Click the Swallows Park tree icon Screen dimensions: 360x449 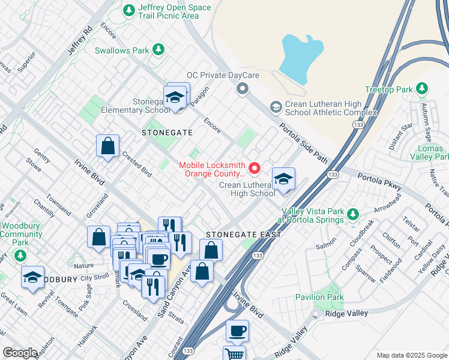tap(158, 49)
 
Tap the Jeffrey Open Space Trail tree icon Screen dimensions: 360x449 tap(128, 10)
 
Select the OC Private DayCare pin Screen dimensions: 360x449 tap(243, 89)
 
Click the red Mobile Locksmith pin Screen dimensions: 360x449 tap(255, 167)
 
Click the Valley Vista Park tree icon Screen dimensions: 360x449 tap(354, 214)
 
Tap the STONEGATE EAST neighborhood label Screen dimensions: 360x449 tap(243, 235)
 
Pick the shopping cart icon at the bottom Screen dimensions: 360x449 tap(234, 354)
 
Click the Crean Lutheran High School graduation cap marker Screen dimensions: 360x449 tap(283, 179)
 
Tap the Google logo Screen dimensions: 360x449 tap(20, 353)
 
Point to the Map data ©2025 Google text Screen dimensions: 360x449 tap(411, 355)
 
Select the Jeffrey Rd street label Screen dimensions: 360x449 tap(79, 41)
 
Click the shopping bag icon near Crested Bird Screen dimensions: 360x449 tap(107, 145)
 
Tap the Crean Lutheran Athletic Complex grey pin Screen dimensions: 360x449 tap(276, 107)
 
